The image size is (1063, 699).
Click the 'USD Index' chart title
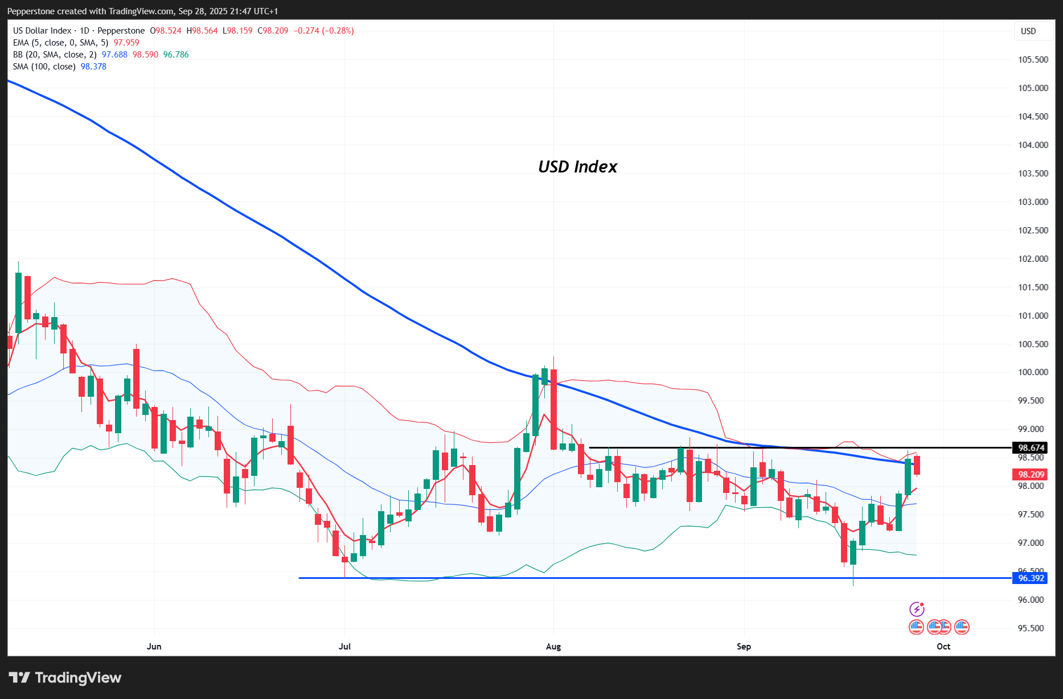coord(577,166)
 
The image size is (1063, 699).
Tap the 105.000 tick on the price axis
coord(1033,88)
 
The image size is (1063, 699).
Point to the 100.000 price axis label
coord(1033,372)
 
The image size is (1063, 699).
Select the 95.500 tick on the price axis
coord(1033,628)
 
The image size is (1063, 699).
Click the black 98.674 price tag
coord(1031,448)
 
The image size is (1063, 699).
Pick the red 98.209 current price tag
coord(1031,474)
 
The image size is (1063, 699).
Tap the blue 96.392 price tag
coord(1031,578)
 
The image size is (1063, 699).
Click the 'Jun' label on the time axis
coord(154,646)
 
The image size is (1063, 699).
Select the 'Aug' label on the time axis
coord(553,646)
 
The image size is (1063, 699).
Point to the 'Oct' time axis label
coord(943,646)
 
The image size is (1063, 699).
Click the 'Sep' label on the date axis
coord(744,646)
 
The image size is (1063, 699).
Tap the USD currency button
coord(1028,31)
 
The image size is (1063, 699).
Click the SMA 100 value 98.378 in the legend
coord(93,67)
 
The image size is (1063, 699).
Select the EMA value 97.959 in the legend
coord(126,43)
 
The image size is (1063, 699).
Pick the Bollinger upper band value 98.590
coord(145,55)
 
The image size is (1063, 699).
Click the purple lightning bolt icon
coord(916,609)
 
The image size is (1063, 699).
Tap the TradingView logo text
coord(78,677)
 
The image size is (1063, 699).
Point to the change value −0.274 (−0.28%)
coord(323,31)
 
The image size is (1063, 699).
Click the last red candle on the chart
coord(917,465)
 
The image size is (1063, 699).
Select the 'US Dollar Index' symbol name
coord(42,31)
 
